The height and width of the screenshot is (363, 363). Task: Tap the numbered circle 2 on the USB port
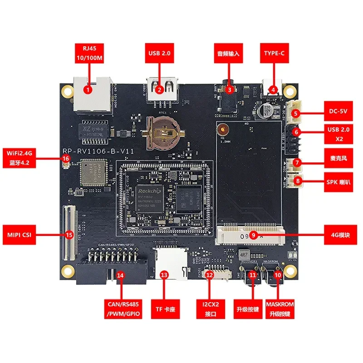[x=159, y=89]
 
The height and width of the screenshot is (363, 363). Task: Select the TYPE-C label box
[x=274, y=53]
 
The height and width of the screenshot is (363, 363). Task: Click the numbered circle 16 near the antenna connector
[x=66, y=158]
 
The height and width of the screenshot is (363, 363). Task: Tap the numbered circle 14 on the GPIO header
[x=120, y=275]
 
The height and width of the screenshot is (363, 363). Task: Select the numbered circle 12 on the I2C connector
[x=209, y=275]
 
